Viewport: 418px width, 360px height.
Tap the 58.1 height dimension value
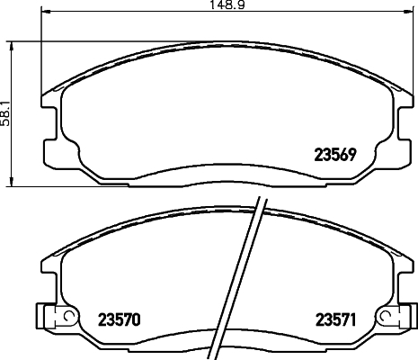[5, 114]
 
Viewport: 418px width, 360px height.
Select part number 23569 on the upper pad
[335, 153]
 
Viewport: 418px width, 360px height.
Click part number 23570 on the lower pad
[119, 318]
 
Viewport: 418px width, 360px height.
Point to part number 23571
[335, 318]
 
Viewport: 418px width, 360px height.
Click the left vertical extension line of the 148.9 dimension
[43, 54]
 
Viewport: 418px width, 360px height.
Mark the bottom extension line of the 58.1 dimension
[27, 186]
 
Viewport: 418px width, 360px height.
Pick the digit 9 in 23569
[355, 153]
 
